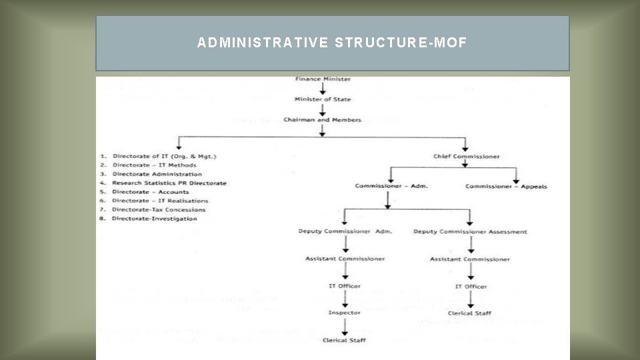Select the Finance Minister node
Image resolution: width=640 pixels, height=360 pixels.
[323, 79]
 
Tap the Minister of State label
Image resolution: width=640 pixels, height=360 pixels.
[323, 99]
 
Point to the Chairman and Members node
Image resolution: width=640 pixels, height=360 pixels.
[323, 120]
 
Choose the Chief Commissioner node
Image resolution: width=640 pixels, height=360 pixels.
[467, 157]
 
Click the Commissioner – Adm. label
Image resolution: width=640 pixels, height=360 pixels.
[391, 186]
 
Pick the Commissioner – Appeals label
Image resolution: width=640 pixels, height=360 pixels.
[506, 186]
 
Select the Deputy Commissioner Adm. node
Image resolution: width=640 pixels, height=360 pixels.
[345, 231]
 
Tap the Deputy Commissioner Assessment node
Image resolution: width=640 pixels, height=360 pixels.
[470, 231]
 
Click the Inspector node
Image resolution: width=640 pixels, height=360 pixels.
[345, 313]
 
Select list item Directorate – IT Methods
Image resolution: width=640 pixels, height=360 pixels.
[154, 165]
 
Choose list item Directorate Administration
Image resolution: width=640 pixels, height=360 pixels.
[157, 174]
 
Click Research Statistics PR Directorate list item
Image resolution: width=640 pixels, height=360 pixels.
[169, 183]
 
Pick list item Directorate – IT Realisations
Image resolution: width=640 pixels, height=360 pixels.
[160, 201]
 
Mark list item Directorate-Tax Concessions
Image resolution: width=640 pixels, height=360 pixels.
[159, 209]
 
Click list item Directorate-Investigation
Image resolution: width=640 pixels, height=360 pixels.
[155, 219]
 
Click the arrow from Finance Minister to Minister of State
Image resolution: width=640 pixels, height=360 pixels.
[323, 89]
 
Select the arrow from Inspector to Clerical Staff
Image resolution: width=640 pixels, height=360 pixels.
[345, 327]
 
